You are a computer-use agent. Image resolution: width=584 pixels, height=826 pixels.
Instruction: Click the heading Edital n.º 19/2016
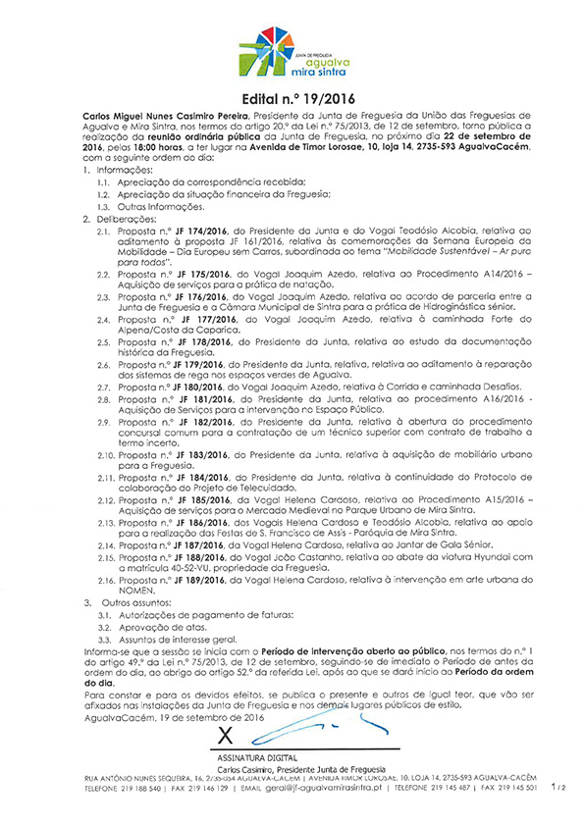click(x=292, y=99)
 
